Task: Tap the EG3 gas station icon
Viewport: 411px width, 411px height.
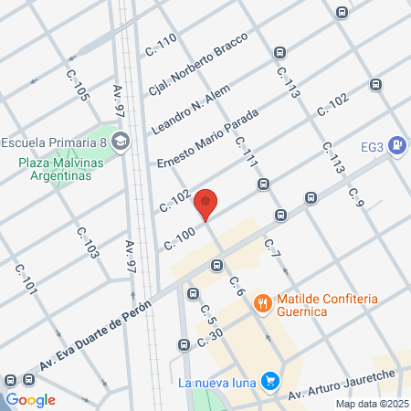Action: coord(396,144)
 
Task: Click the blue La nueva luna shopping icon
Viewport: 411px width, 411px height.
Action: coord(269,381)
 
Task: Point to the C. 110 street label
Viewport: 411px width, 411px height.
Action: coord(161,47)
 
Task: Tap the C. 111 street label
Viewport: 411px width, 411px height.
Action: coord(247,151)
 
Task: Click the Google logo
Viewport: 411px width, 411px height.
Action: coord(31,399)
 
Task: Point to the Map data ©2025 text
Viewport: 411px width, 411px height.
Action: coord(370,404)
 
